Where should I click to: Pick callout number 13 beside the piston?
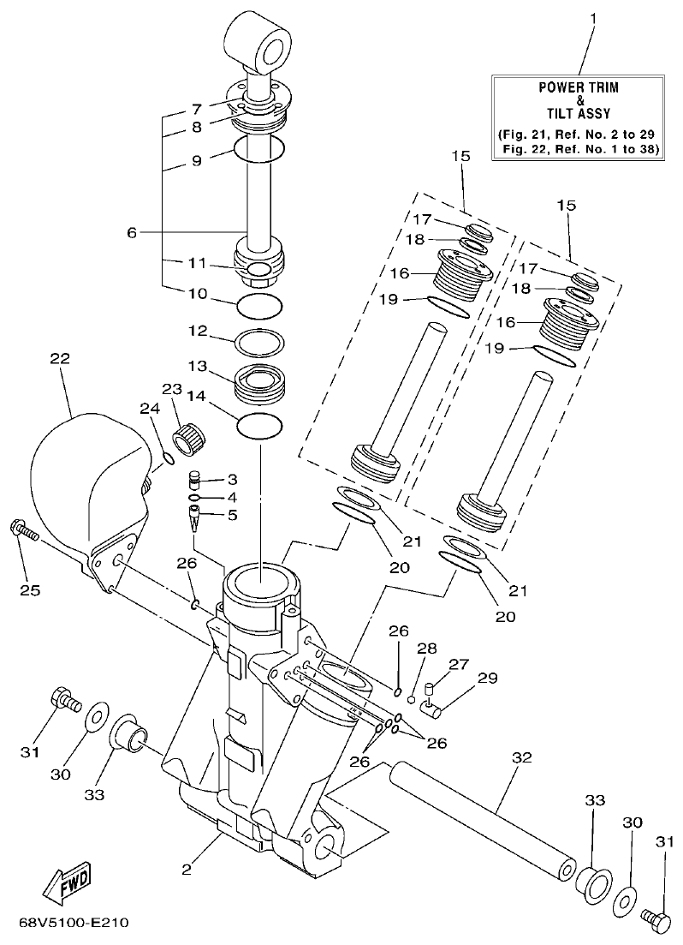198,367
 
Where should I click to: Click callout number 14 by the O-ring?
198,397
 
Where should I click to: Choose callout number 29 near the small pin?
487,679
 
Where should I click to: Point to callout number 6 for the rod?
132,231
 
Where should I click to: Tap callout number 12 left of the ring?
198,330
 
